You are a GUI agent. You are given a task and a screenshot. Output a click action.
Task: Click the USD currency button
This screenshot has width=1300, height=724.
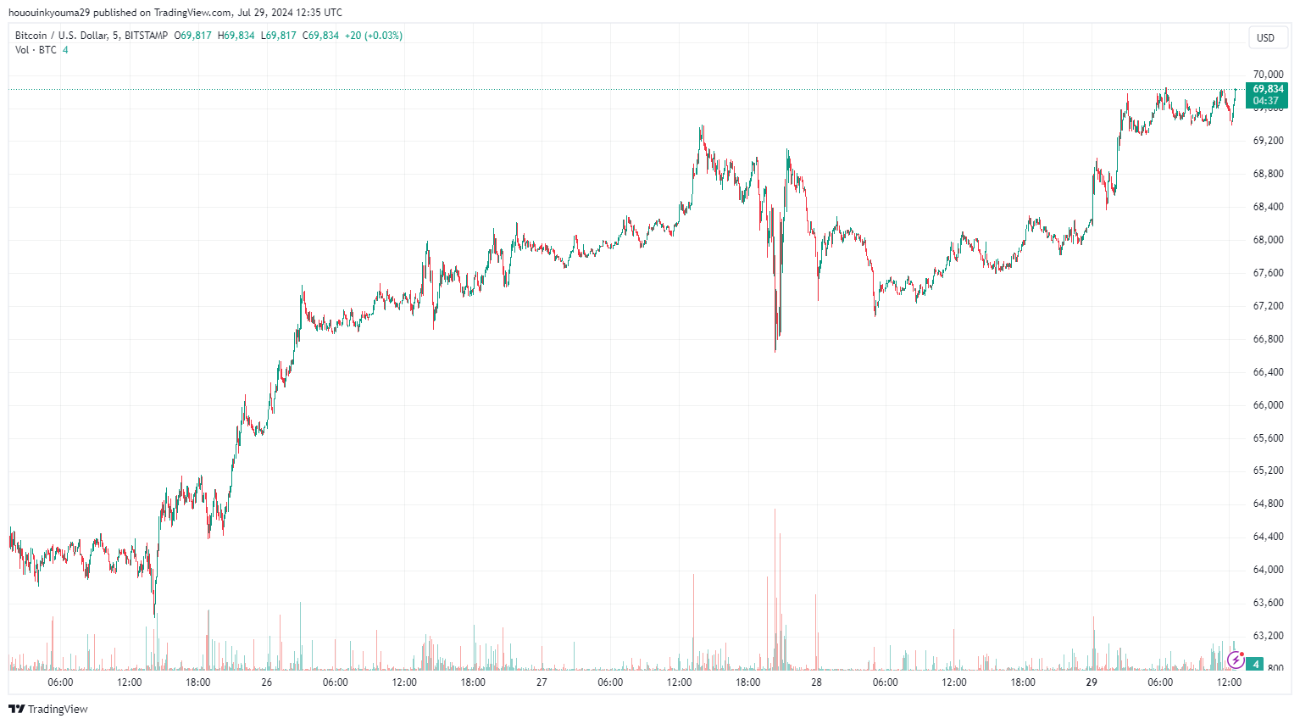coord(1265,37)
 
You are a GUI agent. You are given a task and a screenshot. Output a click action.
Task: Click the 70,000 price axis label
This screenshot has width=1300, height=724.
coord(1268,75)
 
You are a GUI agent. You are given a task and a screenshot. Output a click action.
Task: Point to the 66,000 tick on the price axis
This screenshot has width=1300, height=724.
coord(1268,405)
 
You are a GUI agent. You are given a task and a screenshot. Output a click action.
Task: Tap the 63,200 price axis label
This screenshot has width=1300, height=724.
coord(1268,636)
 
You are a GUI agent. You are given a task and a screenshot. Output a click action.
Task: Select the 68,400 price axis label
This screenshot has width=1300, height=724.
coord(1268,207)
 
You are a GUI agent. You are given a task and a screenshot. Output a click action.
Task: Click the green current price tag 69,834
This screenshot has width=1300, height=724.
coord(1268,89)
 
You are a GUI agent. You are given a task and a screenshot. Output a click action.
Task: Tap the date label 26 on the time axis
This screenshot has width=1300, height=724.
coord(267,682)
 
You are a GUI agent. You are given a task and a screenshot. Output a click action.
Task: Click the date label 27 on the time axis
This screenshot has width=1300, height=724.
coord(542,682)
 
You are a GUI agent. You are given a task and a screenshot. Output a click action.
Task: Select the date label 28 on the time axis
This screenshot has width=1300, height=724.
coord(816,682)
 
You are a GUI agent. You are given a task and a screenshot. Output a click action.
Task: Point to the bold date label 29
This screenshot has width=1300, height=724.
coord(1092,682)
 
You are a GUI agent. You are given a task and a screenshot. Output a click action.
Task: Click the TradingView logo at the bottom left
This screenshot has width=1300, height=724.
coord(48,709)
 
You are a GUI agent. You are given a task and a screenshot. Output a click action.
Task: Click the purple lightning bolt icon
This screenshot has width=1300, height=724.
coord(1236,660)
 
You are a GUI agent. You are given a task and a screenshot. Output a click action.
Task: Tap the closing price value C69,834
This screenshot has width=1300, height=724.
coord(320,36)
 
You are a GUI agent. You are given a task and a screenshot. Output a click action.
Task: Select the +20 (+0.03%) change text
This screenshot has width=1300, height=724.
coord(374,36)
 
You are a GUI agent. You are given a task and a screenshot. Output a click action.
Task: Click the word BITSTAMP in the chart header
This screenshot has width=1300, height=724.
coord(146,36)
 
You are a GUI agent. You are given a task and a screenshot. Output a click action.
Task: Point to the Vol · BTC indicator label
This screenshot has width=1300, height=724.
coord(36,50)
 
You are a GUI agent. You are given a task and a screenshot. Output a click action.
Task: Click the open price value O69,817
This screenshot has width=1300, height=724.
coord(193,36)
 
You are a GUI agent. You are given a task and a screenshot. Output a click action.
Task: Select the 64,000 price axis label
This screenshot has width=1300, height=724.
coord(1268,570)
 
